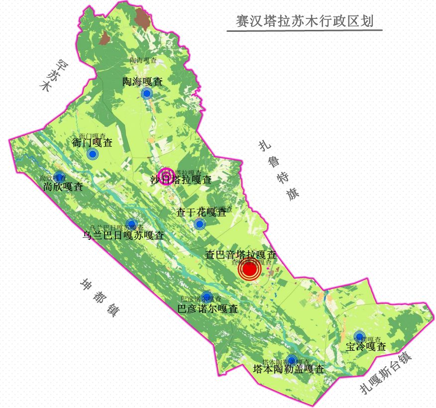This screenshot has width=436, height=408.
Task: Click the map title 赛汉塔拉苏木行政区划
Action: tap(305, 21)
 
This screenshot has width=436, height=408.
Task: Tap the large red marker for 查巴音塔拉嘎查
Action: tap(249, 270)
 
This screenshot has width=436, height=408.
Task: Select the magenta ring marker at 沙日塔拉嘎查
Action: tap(165, 176)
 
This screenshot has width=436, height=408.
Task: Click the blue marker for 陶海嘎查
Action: tap(146, 94)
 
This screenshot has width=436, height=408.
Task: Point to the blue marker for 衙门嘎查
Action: tap(92, 154)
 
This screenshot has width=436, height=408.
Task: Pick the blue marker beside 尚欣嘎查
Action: tap(59, 177)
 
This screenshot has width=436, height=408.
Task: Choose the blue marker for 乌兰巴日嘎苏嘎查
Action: tap(131, 224)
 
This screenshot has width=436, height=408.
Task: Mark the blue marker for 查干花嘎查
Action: tap(200, 224)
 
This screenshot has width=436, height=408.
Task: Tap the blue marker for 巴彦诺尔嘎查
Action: tap(207, 296)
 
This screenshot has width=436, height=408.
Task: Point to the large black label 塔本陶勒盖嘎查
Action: tap(289, 370)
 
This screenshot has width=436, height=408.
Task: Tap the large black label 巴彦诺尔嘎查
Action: tap(208, 309)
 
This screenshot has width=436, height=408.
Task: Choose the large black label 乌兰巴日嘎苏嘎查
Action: tap(123, 235)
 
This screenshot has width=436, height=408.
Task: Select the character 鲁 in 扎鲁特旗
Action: tap(275, 162)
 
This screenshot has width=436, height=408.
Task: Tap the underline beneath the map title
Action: tap(305, 31)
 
